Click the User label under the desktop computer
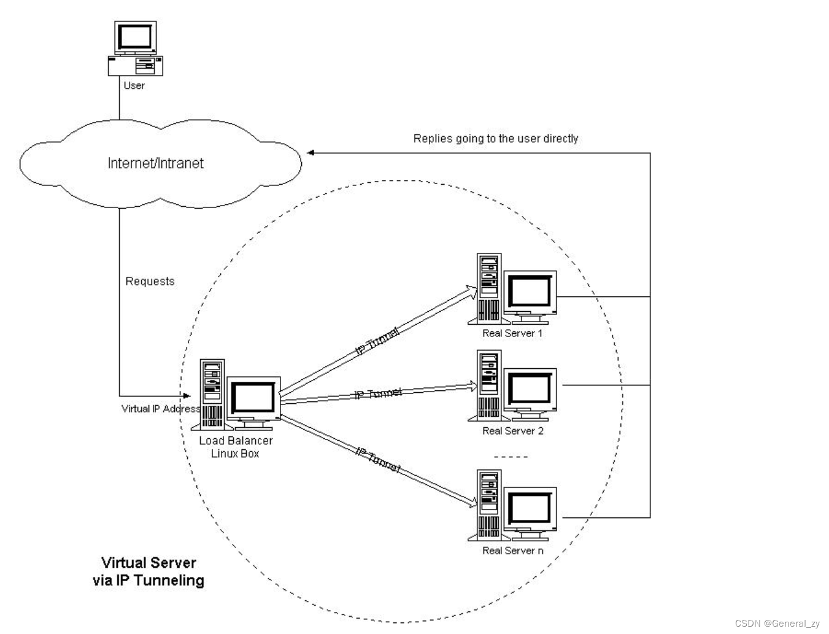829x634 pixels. pos(134,85)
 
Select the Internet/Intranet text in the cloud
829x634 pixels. pos(156,163)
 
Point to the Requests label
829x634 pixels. pos(150,281)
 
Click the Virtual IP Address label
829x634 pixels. pos(161,409)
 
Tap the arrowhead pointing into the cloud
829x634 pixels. pos(310,153)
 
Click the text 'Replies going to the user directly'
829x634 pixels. pos(496,139)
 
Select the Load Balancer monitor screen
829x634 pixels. pos(253,397)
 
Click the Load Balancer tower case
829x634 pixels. pos(212,395)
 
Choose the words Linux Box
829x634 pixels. pos(235,454)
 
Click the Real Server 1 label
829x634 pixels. pos(512,333)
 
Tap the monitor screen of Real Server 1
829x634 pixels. pos(530,291)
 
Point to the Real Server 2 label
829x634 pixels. pos(513,431)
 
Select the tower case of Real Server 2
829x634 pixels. pos(489,385)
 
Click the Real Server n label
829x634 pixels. pos(513,551)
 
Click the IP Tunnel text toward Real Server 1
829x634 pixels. pos(377,341)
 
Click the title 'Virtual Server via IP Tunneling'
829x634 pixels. pos(148,571)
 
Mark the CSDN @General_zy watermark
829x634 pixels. pos(777,624)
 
